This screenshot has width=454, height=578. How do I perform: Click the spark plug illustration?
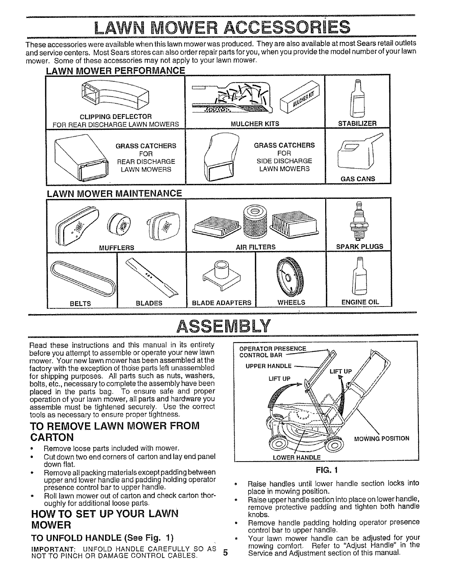pyautogui.click(x=358, y=221)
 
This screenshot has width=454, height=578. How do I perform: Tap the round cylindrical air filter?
pyautogui.click(x=252, y=221)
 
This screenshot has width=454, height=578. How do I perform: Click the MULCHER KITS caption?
pyautogui.click(x=255, y=124)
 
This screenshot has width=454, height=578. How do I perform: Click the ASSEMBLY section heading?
pyautogui.click(x=223, y=324)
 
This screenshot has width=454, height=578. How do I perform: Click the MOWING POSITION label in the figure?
pyautogui.click(x=382, y=438)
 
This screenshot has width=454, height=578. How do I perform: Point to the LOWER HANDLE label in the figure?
pyautogui.click(x=297, y=457)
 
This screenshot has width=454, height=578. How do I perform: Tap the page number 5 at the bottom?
pyautogui.click(x=225, y=563)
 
